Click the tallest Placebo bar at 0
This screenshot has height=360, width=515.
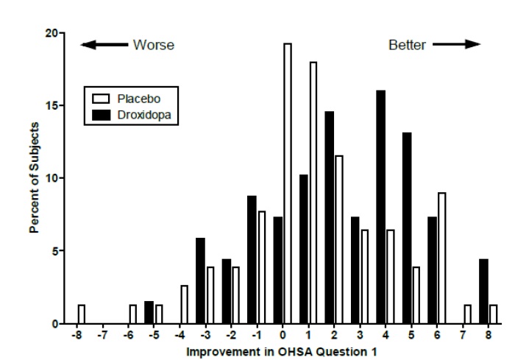click(x=287, y=184)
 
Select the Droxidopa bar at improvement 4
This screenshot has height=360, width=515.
click(x=381, y=207)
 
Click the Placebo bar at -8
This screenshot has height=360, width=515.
click(x=81, y=314)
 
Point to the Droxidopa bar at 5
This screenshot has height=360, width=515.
click(x=407, y=228)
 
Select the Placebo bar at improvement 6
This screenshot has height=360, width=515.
click(x=441, y=258)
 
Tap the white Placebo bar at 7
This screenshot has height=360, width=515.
click(x=467, y=314)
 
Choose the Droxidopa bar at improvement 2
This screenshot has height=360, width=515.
click(x=329, y=218)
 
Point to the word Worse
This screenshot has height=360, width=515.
click(x=153, y=45)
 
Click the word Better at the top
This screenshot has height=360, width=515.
click(x=407, y=45)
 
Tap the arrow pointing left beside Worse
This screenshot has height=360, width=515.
click(x=103, y=45)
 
